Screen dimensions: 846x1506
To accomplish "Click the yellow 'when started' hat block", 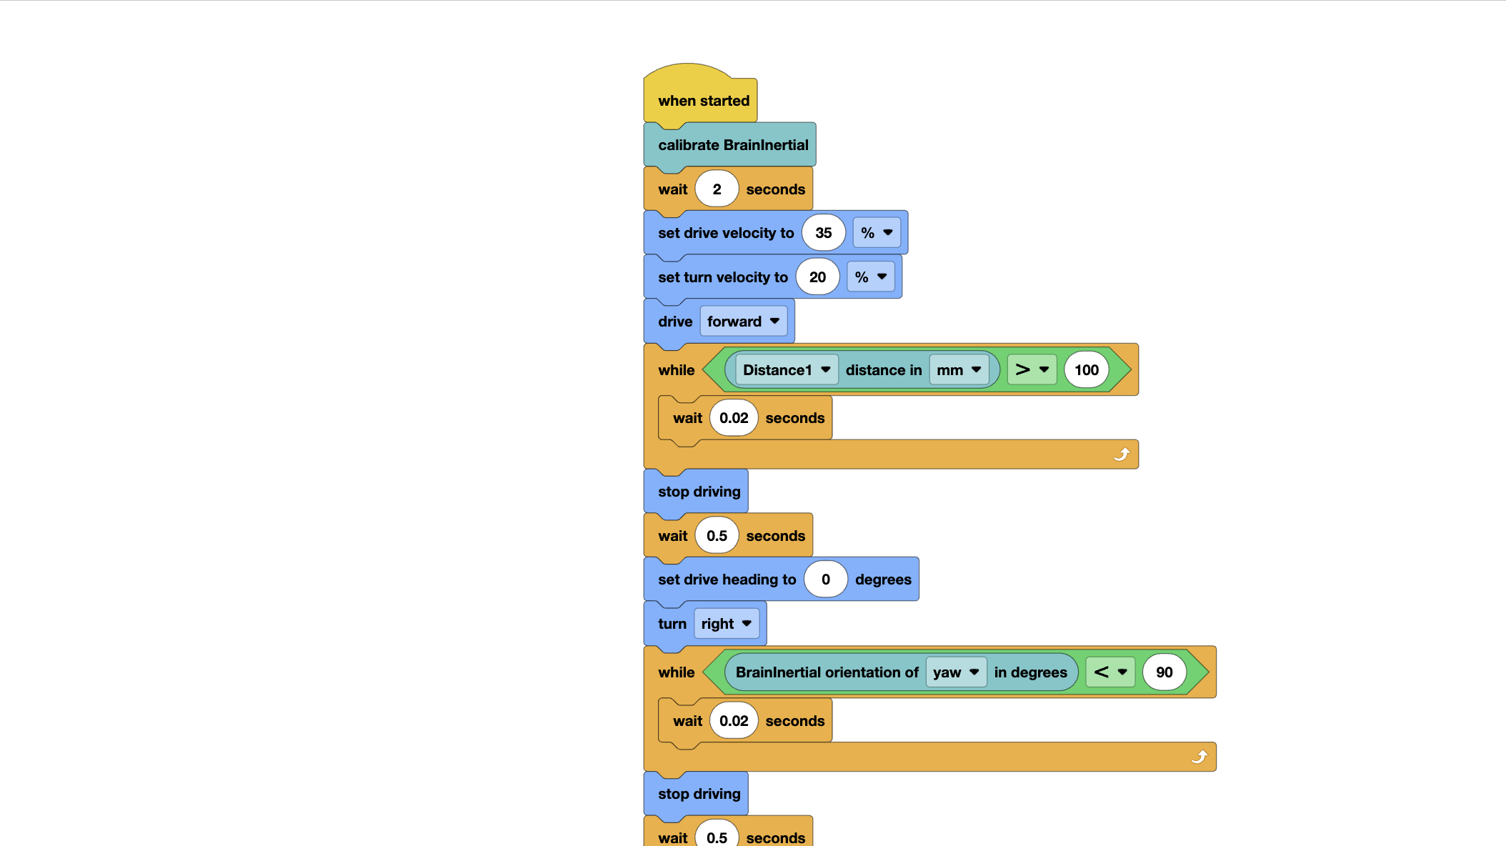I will click(x=703, y=101).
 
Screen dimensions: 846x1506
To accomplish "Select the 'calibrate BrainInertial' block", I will click(x=732, y=145).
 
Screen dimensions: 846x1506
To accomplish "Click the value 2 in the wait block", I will click(x=717, y=189).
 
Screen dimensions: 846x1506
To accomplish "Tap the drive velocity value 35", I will click(x=823, y=233).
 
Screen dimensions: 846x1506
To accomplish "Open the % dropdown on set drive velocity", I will click(x=877, y=233).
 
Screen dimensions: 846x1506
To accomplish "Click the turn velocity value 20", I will click(x=817, y=277).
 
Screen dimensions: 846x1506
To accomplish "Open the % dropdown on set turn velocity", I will click(x=871, y=277).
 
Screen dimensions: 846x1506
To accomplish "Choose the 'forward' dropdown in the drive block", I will click(x=743, y=322).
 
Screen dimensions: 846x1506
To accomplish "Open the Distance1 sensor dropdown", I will click(x=786, y=370).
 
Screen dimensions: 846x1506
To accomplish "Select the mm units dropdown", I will click(x=959, y=370).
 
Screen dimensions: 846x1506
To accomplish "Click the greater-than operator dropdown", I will click(x=1032, y=370).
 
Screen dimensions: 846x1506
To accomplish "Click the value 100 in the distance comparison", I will click(x=1086, y=370).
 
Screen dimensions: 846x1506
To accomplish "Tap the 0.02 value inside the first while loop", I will click(x=734, y=418).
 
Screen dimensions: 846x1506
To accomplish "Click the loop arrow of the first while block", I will click(x=1122, y=454).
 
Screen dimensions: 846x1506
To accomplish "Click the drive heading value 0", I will click(x=825, y=579).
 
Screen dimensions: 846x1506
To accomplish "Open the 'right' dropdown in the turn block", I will click(x=726, y=624).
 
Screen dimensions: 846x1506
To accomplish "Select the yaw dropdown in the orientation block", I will click(x=955, y=672).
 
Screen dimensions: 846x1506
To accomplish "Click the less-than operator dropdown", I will click(x=1110, y=672).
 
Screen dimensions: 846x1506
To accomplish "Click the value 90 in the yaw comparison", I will click(x=1164, y=672).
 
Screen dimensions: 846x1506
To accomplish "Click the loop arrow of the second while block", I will click(x=1200, y=757).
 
